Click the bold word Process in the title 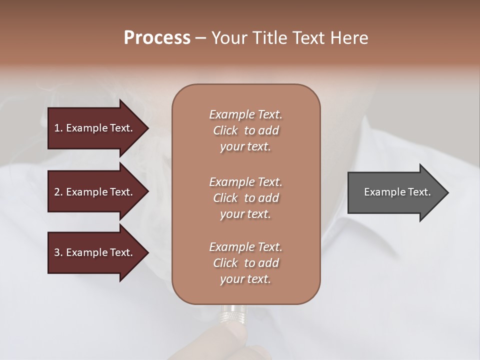tap(157, 38)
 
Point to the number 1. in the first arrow tap(58, 128)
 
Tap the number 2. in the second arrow tap(58, 192)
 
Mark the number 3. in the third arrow tap(58, 252)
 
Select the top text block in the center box tap(245, 130)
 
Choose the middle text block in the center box tap(245, 197)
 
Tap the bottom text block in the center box tap(245, 262)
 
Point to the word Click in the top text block tap(225, 130)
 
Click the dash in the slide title tap(200, 38)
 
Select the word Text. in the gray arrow tap(418, 192)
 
